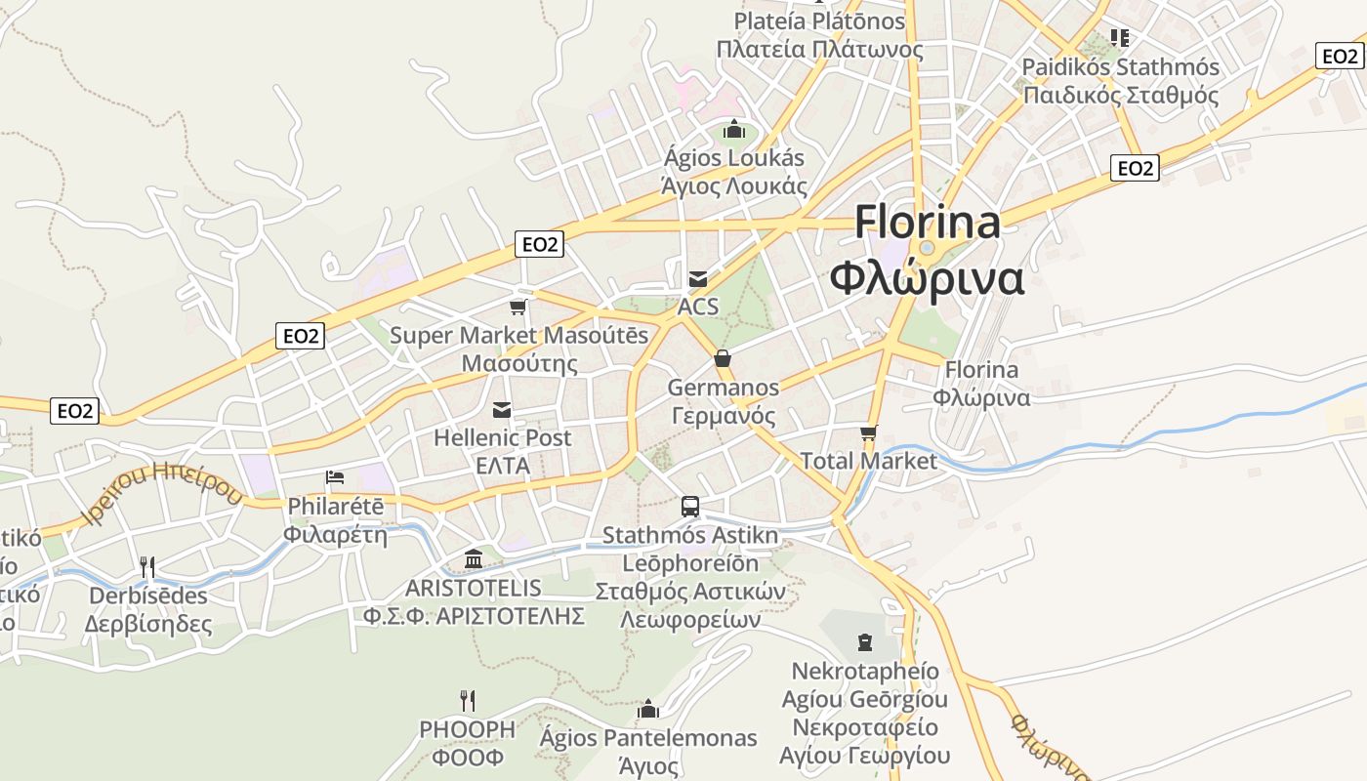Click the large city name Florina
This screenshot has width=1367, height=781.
tap(928, 223)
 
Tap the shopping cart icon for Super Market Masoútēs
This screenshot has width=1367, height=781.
tap(518, 308)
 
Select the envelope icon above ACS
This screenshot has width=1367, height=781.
tap(698, 279)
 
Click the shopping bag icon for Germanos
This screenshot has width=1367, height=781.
tap(723, 358)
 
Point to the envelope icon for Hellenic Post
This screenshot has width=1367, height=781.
tap(502, 409)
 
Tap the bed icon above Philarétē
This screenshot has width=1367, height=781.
tap(335, 477)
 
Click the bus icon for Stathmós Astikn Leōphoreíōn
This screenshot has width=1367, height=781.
tap(690, 506)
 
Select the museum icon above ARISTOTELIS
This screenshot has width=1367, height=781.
tap(475, 558)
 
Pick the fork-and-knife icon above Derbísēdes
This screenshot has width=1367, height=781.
tap(147, 566)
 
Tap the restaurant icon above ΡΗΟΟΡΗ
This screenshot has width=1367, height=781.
tap(468, 700)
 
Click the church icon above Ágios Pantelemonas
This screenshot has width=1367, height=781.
tap(648, 709)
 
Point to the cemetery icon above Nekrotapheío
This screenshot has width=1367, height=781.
tap(865, 641)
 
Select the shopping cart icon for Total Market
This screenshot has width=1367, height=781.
tap(869, 432)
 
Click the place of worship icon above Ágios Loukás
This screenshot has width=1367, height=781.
tap(734, 129)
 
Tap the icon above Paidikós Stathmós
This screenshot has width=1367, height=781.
tap(1120, 38)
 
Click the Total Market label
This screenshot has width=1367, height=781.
tap(868, 461)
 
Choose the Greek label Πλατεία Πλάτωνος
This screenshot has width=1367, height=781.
tap(820, 49)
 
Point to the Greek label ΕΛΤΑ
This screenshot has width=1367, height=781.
tap(503, 466)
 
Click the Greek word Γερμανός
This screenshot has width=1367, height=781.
tap(724, 416)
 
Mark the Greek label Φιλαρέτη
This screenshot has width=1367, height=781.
tap(336, 535)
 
